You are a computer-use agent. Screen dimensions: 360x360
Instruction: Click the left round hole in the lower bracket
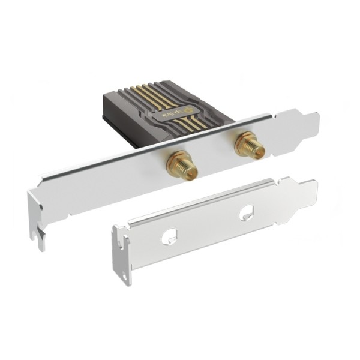[167, 237]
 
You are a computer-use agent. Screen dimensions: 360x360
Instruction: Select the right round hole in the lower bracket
[246, 213]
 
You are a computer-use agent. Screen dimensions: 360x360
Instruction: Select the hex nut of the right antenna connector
[245, 142]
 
